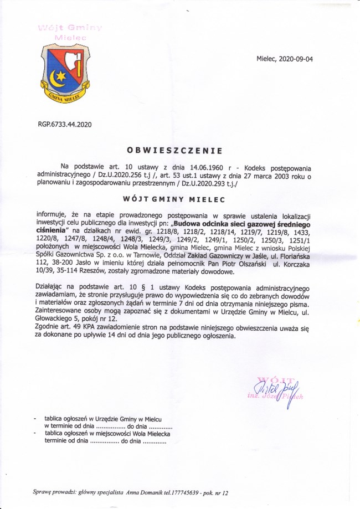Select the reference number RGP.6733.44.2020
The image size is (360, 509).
[x=65, y=125]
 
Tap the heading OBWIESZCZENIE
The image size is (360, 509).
[x=174, y=150]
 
